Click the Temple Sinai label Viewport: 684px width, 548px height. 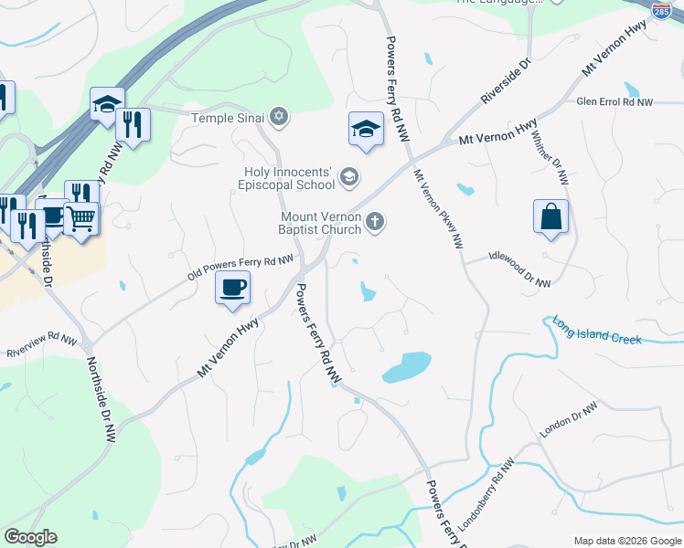228,118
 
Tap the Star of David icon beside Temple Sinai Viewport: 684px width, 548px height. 280,117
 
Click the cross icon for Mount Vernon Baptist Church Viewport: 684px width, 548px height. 374,221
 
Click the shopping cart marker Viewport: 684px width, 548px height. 80,219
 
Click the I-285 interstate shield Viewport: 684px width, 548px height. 661,10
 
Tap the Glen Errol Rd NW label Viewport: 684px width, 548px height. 615,103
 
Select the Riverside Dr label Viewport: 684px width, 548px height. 507,81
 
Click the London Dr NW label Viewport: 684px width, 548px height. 568,418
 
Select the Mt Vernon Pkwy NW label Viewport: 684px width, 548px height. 438,208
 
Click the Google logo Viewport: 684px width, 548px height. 31,537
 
